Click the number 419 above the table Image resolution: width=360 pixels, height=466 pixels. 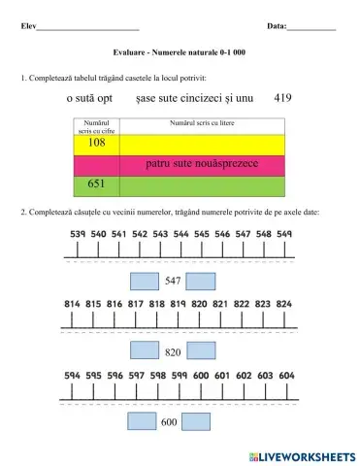(x=283, y=98)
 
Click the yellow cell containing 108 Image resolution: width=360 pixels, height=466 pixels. (x=96, y=144)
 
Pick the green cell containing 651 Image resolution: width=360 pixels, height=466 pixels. (x=96, y=183)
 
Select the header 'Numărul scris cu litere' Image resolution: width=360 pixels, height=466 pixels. (x=201, y=123)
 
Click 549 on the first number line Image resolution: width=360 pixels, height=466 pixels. (x=284, y=234)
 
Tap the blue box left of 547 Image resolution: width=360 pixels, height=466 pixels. (x=143, y=281)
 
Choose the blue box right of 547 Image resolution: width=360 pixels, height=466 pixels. (x=200, y=281)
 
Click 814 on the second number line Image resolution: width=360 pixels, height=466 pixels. (x=73, y=304)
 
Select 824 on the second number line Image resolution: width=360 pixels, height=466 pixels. (x=284, y=304)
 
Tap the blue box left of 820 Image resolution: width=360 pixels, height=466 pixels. (x=143, y=350)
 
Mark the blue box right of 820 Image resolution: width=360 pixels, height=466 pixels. (x=200, y=350)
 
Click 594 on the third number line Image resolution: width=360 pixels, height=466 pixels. (x=73, y=375)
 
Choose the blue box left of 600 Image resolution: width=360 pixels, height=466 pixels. (x=143, y=421)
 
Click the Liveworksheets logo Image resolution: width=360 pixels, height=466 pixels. (x=302, y=455)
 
